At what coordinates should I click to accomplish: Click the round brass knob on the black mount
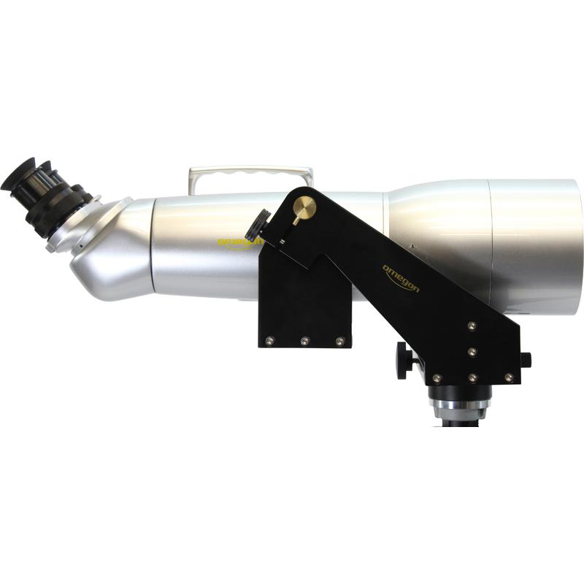pos(304,206)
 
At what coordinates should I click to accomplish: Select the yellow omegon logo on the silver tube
pos(239,242)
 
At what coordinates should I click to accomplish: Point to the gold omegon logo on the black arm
pos(401,278)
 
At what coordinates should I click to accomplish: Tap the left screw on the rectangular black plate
pos(269,340)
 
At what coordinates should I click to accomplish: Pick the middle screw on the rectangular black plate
pos(304,340)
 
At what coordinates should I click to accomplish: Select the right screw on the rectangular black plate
pos(339,340)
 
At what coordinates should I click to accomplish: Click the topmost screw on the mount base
pos(472,326)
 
